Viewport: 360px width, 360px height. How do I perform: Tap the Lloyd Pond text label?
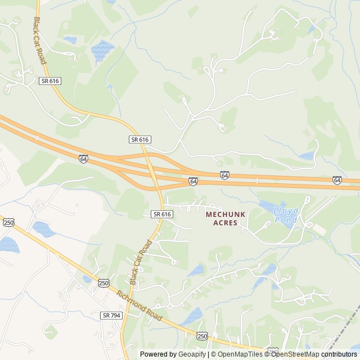[286, 215]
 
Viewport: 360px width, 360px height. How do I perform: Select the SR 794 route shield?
[111, 316]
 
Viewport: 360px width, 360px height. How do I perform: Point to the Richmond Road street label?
[139, 306]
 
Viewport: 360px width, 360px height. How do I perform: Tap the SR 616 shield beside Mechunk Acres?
[161, 214]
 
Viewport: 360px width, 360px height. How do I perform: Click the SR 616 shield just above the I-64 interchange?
[139, 139]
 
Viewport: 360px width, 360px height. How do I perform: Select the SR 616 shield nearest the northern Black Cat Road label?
[50, 81]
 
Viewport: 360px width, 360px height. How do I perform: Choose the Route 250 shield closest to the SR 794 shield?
[103, 283]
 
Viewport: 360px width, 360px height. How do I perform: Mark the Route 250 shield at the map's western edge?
[8, 223]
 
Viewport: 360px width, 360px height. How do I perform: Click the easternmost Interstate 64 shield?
[337, 180]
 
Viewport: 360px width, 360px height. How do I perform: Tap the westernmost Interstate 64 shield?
[83, 159]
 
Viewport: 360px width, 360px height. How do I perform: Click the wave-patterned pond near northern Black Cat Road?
[102, 51]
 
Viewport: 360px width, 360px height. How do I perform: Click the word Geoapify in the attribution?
[192, 354]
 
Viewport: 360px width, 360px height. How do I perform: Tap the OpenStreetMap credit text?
[295, 354]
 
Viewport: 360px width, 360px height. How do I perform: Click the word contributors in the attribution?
[339, 354]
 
